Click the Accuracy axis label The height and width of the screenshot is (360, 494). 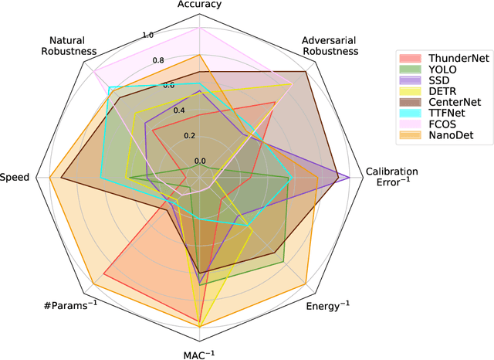[199, 5]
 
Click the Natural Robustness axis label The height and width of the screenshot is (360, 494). [73, 46]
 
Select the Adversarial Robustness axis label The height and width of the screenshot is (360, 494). [330, 46]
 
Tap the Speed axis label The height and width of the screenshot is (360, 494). [15, 177]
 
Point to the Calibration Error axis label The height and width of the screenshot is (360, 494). [392, 177]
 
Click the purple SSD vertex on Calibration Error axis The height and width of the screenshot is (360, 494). [350, 177]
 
